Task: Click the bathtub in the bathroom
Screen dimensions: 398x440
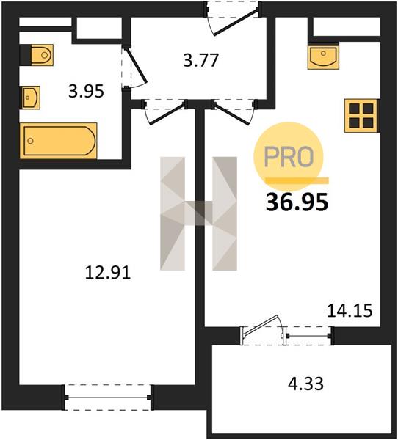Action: pyautogui.click(x=59, y=141)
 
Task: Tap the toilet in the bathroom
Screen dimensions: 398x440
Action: pyautogui.click(x=42, y=55)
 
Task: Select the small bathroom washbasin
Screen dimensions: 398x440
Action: pyautogui.click(x=30, y=98)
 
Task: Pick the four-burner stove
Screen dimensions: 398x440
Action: pyautogui.click(x=361, y=115)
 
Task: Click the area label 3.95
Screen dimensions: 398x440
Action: pyautogui.click(x=87, y=91)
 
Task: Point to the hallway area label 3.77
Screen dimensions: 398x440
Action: pyautogui.click(x=200, y=60)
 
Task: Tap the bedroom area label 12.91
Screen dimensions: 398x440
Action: pyautogui.click(x=108, y=273)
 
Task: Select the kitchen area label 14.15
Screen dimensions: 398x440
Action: pyautogui.click(x=350, y=311)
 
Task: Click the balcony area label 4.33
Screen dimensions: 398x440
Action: pyautogui.click(x=305, y=384)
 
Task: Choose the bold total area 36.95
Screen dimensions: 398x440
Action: pyautogui.click(x=297, y=202)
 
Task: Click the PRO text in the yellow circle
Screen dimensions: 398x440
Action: pyautogui.click(x=289, y=157)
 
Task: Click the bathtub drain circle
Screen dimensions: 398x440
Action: pyautogui.click(x=31, y=141)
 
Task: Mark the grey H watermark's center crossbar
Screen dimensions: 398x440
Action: pyautogui.click(x=199, y=213)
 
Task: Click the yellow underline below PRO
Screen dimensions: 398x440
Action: pyautogui.click(x=297, y=180)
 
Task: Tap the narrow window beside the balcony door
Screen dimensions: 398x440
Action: pyautogui.click(x=309, y=336)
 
